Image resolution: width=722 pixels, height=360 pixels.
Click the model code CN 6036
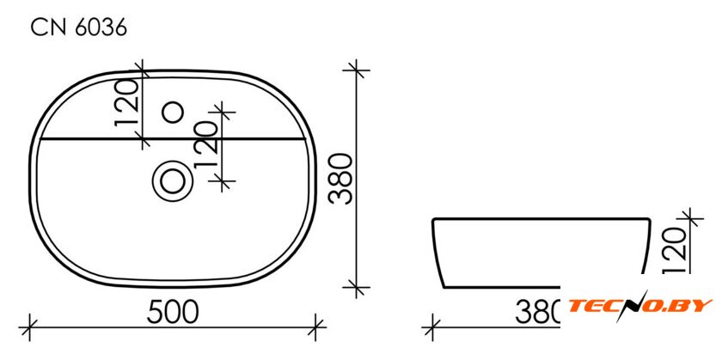[79, 28]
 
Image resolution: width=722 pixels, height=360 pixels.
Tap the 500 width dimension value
[173, 312]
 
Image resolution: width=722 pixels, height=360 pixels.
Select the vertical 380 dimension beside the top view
[342, 179]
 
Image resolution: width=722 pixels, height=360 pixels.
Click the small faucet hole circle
[174, 113]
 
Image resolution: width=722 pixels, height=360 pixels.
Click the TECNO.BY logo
[640, 306]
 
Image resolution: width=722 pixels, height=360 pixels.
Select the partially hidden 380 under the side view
[537, 312]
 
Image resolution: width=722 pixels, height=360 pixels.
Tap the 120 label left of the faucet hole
[126, 103]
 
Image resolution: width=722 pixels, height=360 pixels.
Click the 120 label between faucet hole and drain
[205, 145]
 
